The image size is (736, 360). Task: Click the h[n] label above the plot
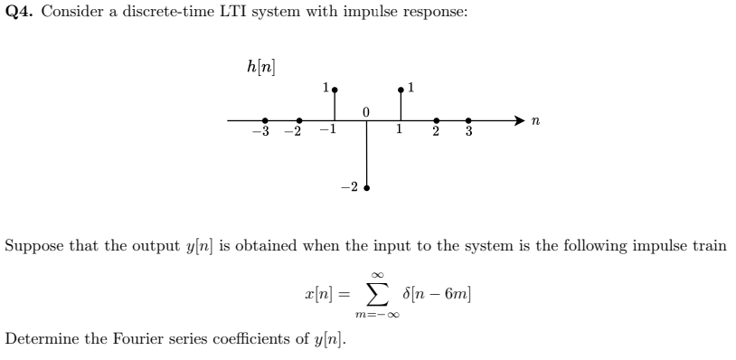coord(260,66)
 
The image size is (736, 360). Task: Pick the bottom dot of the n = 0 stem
coord(366,188)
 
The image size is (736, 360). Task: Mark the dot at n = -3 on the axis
coord(264,120)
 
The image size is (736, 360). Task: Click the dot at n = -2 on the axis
coord(299,120)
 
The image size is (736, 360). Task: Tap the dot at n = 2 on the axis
coord(436,120)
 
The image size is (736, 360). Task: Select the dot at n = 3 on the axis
coord(468,120)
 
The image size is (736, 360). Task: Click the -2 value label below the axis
coord(349,188)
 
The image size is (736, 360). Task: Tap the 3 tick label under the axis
coord(468,134)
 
